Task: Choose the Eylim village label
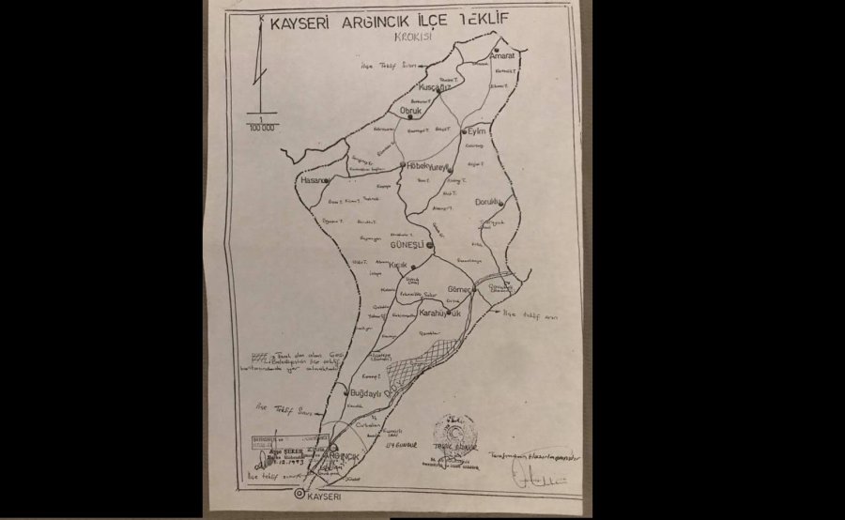[x=480, y=132]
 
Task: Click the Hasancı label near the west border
[x=313, y=179]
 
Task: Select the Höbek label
[x=416, y=164]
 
